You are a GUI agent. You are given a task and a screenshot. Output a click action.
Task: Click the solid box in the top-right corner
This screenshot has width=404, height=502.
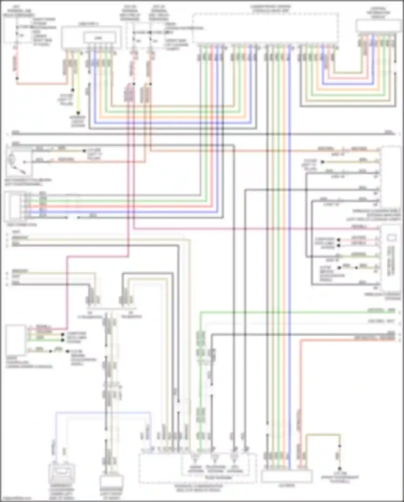pos(378,26)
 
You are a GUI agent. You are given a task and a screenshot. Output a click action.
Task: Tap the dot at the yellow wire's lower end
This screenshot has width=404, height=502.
pos(78,113)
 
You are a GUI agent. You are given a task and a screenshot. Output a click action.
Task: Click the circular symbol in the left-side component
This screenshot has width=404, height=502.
pos(12,160)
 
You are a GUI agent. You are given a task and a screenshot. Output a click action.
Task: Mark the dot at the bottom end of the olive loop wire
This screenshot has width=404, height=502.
pos(340,469)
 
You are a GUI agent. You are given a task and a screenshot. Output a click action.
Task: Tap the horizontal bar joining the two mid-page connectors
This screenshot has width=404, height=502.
pos(111,308)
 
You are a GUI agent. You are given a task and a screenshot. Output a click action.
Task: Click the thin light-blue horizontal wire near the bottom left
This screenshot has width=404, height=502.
pos(102,412)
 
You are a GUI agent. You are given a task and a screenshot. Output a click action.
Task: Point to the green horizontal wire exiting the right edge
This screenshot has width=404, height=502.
pos(296,312)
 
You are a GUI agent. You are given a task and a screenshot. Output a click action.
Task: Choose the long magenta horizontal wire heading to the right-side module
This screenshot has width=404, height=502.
pos(256,229)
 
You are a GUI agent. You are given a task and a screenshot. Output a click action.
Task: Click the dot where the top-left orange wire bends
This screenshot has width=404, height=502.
pos(17,78)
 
